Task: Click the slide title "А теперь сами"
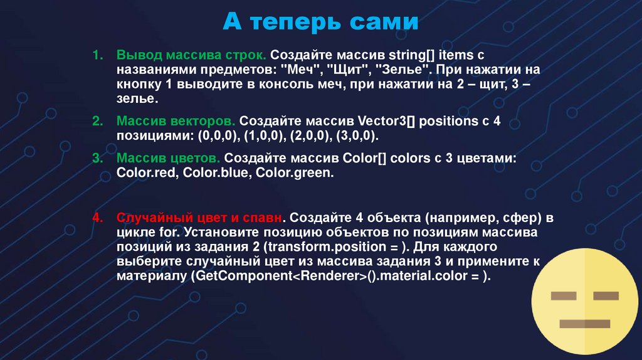pyautogui.click(x=320, y=24)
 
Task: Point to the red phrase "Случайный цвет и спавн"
pyautogui.click(x=197, y=218)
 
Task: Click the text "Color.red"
pyautogui.click(x=147, y=173)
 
